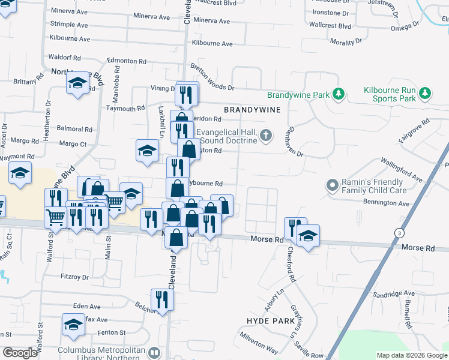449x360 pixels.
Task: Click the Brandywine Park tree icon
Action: [x=339, y=94]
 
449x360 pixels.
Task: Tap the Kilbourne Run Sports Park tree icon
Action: [x=425, y=93]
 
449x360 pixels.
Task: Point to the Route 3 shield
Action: [x=398, y=232]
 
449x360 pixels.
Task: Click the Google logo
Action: [x=20, y=353]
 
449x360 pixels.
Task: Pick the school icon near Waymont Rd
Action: [x=20, y=173]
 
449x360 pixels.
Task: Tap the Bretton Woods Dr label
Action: [x=212, y=77]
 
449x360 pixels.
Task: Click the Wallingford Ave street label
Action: [x=403, y=170]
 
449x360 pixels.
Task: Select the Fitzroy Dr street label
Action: [x=74, y=277]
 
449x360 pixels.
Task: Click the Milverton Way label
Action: [x=262, y=349]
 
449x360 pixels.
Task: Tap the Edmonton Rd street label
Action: [x=127, y=61]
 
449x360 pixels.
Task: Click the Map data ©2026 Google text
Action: [x=411, y=355]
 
